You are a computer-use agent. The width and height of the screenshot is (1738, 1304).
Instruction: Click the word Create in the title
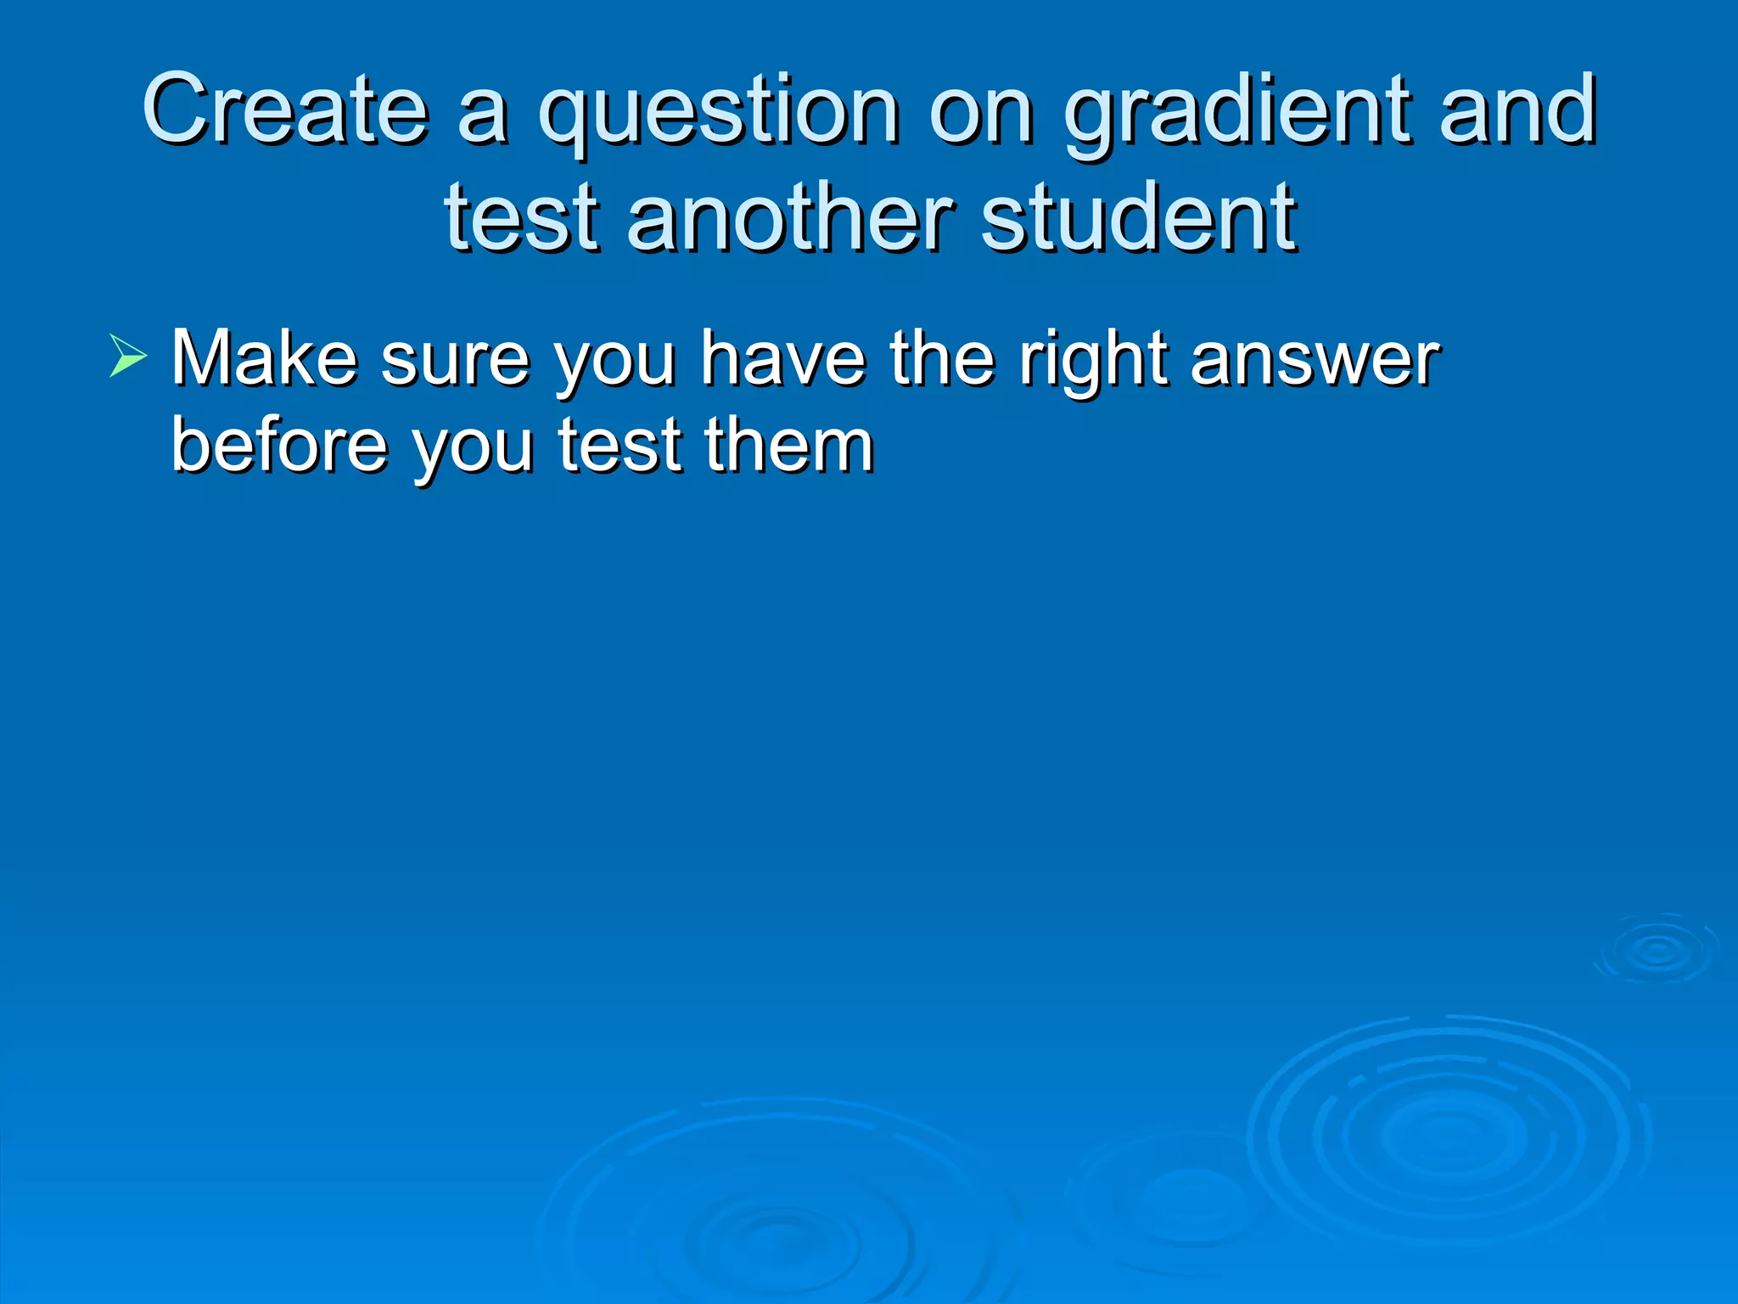pos(285,110)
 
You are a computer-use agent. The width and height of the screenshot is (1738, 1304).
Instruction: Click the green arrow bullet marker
pos(128,356)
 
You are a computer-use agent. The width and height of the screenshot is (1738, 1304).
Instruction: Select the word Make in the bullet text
pos(264,358)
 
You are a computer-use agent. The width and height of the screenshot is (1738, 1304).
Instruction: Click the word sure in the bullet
pos(455,360)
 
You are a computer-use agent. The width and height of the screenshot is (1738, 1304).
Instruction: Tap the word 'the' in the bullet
pos(941,358)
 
